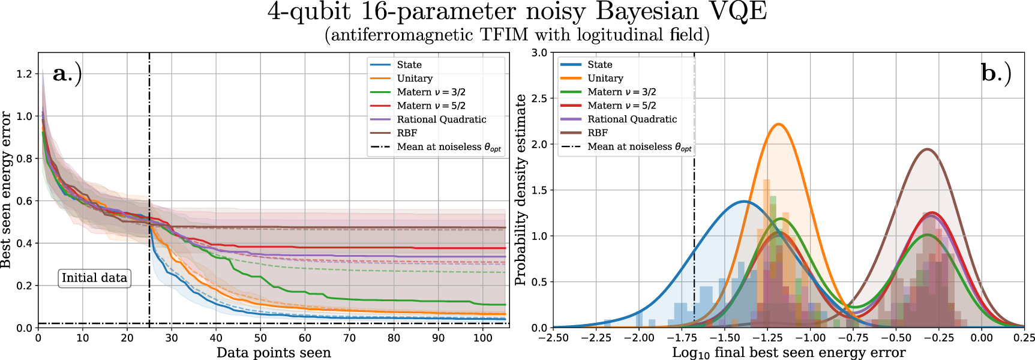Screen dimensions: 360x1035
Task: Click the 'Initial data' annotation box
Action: coord(94,278)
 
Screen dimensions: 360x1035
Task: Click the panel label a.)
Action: coord(67,73)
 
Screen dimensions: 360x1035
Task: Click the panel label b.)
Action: coord(996,73)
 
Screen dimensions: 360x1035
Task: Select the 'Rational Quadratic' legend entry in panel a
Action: coord(441,119)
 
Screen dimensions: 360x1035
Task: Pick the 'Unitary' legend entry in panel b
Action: coord(605,78)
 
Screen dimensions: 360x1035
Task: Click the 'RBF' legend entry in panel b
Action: coord(597,133)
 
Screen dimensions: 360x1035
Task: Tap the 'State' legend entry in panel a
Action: coord(409,65)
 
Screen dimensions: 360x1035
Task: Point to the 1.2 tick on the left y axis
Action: coord(24,74)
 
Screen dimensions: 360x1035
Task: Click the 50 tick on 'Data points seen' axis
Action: coord(260,338)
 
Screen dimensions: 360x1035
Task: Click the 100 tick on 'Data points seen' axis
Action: coord(482,338)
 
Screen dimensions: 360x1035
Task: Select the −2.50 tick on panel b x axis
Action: coord(553,338)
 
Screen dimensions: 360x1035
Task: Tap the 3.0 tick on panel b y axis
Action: coord(539,53)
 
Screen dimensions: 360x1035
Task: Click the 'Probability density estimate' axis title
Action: coord(520,190)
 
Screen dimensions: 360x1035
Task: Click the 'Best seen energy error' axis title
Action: coord(7,190)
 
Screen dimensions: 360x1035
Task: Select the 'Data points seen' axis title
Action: coord(274,353)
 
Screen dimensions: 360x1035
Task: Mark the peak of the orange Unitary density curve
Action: coord(778,124)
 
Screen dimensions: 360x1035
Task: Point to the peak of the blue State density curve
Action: coord(744,202)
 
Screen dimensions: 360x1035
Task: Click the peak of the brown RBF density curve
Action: coord(927,149)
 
